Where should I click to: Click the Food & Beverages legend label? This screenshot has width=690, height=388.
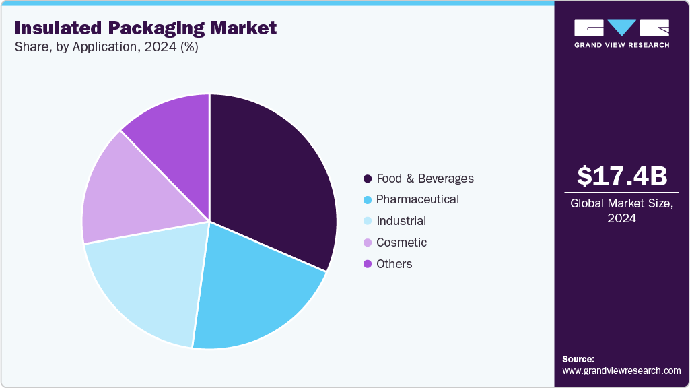tap(425, 179)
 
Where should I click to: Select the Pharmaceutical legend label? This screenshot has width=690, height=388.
tap(417, 199)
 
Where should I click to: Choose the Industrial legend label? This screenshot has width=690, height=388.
tap(401, 221)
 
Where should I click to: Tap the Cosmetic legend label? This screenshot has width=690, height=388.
tap(401, 243)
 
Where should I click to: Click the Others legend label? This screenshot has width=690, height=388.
tap(394, 264)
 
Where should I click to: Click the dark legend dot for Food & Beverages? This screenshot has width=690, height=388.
tap(368, 179)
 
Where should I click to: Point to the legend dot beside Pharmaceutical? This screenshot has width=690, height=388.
tap(368, 200)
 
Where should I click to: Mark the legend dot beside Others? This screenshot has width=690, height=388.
tap(368, 264)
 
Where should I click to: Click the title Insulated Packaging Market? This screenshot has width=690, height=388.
tap(145, 28)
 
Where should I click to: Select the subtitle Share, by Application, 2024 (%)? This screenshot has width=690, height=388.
tap(106, 47)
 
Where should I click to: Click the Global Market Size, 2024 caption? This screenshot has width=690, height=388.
tap(622, 210)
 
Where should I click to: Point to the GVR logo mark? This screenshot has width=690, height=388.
tap(621, 28)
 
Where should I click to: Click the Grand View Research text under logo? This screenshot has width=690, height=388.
tap(621, 45)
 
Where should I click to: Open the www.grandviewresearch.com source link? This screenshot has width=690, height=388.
tap(621, 370)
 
